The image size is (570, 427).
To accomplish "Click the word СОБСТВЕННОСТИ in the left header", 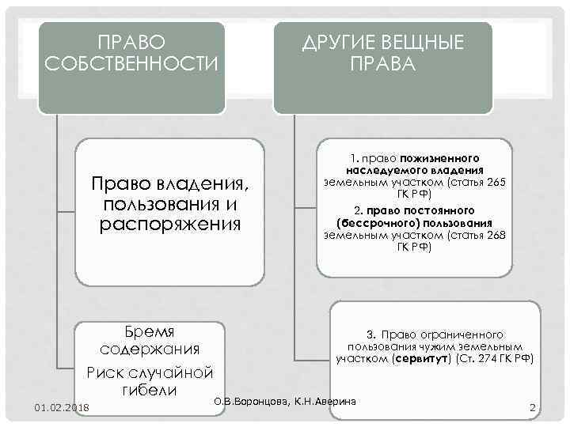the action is coord(131,62).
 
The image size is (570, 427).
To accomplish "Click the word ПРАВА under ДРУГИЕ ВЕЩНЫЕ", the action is coord(381,62).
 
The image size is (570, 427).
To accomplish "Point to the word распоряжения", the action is coord(170,224).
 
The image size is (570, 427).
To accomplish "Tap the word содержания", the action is coord(150,349).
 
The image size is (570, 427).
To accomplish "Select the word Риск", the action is coord(108,372).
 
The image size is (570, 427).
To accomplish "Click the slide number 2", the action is coord(533,407).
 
